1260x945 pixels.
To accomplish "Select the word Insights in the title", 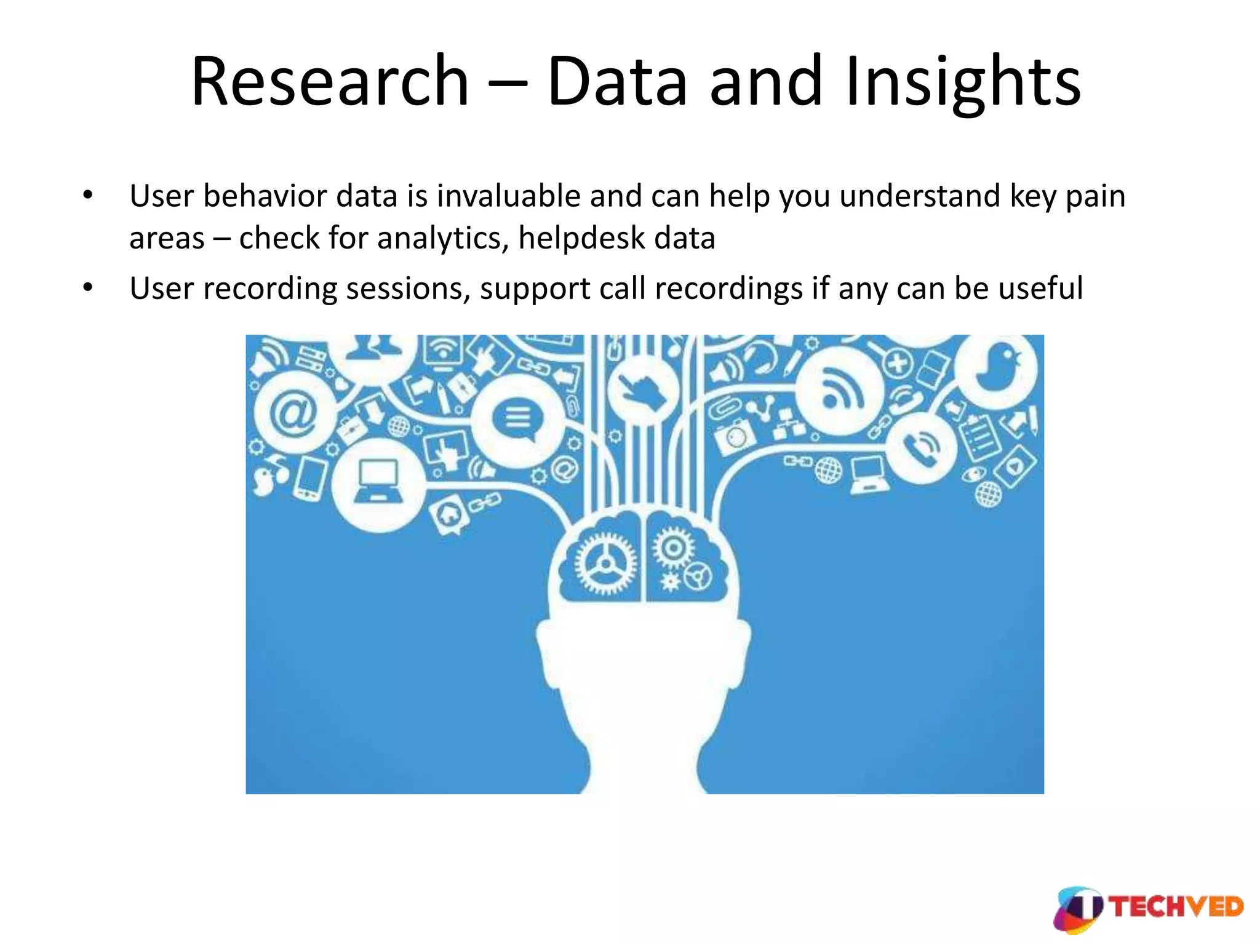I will pos(962,82).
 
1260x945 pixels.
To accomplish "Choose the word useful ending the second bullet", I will pos(1040,289).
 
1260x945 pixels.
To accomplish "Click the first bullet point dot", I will pos(88,196).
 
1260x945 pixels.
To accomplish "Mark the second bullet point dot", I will pos(88,288).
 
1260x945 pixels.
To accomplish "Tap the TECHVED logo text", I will pos(1176,907).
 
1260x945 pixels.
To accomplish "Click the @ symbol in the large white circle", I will pos(294,413).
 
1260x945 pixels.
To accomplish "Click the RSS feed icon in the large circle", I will pos(840,391).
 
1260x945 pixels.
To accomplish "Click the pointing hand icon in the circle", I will pos(642,390).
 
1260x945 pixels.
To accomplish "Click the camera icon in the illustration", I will pos(735,436).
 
